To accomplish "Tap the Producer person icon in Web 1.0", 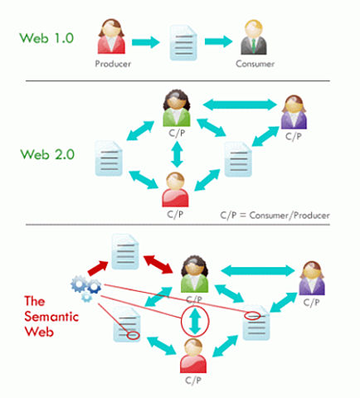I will (114, 36).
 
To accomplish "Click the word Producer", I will (114, 64).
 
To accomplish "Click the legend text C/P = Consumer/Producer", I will (275, 215).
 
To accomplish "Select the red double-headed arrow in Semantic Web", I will (155, 265).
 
